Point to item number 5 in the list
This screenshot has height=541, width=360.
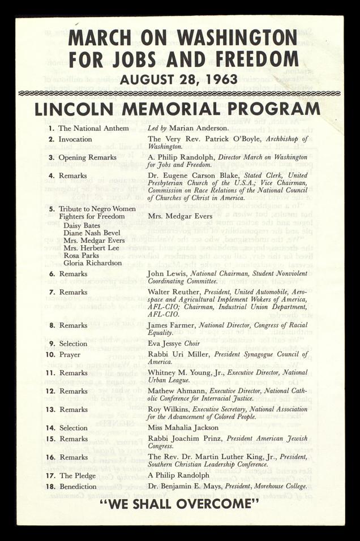click(x=52, y=209)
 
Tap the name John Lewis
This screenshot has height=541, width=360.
click(x=168, y=273)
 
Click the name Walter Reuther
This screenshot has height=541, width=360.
click(x=174, y=292)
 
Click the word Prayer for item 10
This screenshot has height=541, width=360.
click(x=71, y=354)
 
